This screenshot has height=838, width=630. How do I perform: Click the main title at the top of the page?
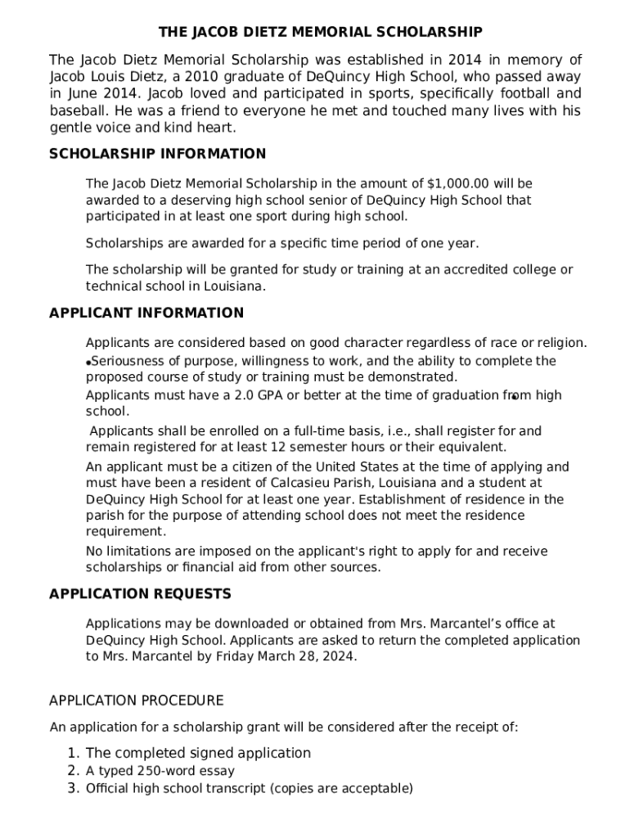(x=320, y=33)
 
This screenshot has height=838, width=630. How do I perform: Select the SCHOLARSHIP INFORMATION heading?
(x=158, y=154)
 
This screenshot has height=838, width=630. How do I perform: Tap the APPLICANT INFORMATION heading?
(x=146, y=313)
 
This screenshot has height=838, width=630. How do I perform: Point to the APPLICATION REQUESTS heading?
(x=140, y=593)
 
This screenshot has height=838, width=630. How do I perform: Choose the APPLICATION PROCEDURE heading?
(x=136, y=701)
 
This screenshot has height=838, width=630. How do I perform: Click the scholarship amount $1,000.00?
(x=458, y=184)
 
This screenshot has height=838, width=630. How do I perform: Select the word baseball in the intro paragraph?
(x=79, y=110)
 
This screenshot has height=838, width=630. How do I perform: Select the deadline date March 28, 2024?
(x=316, y=656)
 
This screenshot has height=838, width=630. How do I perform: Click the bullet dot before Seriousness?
(x=88, y=363)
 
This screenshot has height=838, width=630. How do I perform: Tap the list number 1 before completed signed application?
(x=72, y=753)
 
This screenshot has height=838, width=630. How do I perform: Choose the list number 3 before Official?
(x=72, y=789)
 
